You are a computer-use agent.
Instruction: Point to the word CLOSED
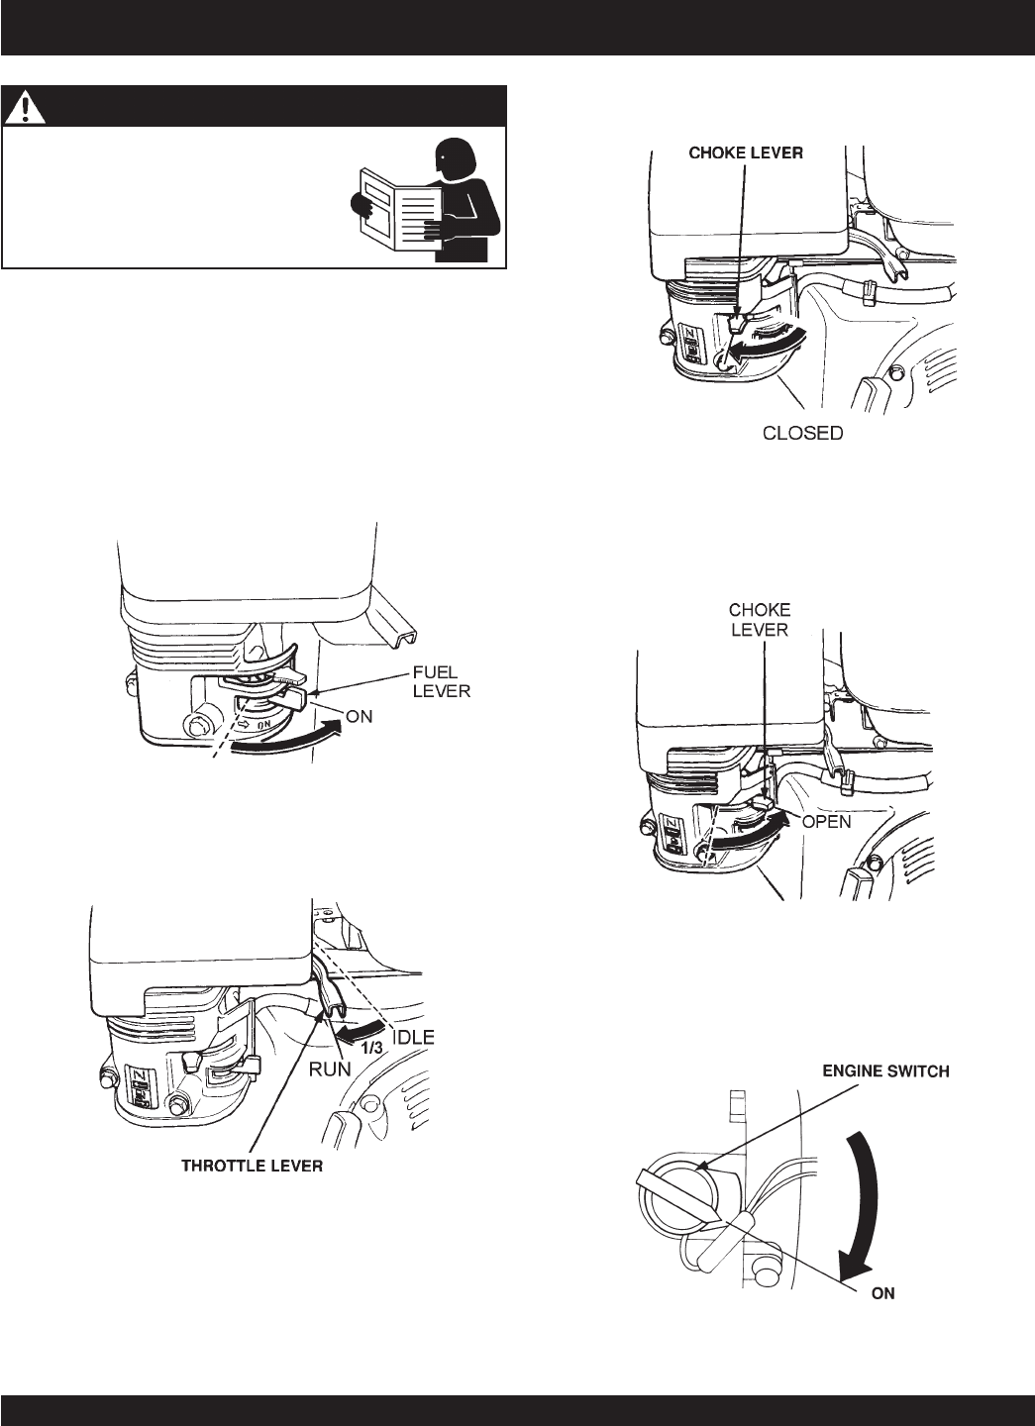[x=803, y=433]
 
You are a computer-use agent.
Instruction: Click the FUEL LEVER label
[x=442, y=681]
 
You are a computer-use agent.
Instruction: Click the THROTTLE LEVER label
[x=252, y=1167]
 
